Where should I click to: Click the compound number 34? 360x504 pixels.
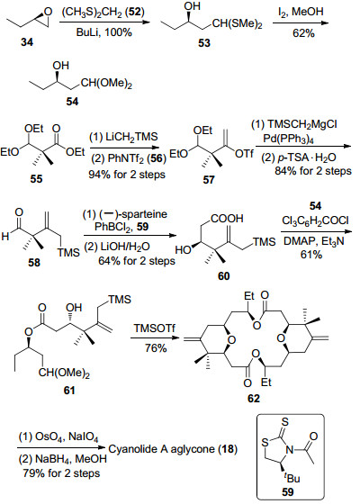(x=27, y=41)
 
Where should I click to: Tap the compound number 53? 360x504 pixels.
(x=203, y=43)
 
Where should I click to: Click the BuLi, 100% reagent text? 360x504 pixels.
(x=104, y=32)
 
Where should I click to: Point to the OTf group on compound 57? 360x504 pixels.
(x=244, y=154)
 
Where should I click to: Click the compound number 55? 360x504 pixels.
(x=36, y=179)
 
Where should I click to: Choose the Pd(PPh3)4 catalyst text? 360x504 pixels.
(x=288, y=139)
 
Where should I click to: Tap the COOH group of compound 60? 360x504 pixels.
(x=227, y=219)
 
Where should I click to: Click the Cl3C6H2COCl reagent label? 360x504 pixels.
(x=315, y=220)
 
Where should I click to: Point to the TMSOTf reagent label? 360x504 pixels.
(x=155, y=328)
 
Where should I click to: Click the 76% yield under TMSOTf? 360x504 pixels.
(x=156, y=347)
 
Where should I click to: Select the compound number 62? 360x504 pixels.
(x=253, y=399)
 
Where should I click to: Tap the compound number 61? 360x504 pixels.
(x=69, y=391)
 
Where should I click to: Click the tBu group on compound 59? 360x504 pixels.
(x=292, y=478)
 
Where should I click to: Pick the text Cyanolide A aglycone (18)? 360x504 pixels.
(x=173, y=449)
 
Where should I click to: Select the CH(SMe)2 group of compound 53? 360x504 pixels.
(x=238, y=24)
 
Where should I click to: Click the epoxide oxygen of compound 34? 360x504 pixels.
(x=49, y=12)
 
